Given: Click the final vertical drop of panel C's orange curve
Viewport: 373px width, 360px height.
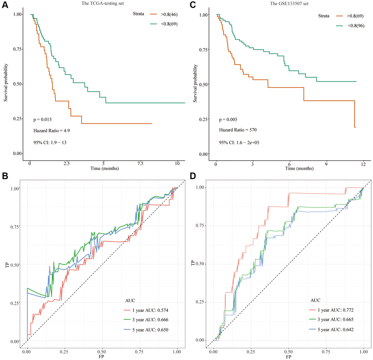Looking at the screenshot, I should pyautogui.click(x=354, y=114).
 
